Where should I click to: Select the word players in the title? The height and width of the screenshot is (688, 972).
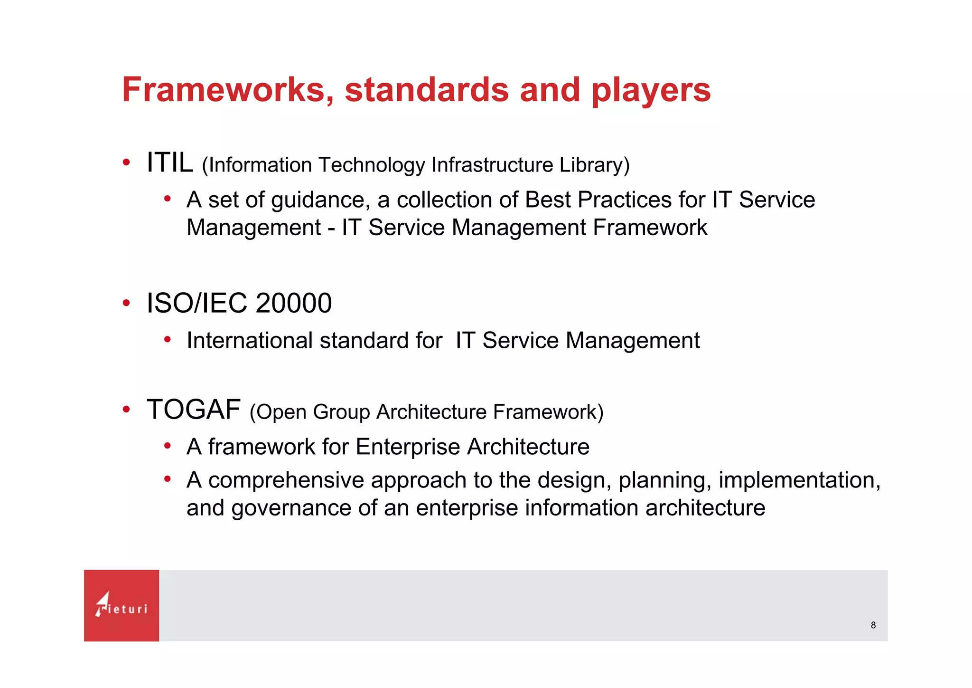[651, 91]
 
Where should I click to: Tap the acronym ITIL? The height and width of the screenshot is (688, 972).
[170, 163]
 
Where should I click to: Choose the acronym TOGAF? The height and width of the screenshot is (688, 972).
[194, 410]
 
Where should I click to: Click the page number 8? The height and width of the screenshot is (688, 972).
[873, 625]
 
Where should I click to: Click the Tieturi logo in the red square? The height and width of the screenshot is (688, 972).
[121, 605]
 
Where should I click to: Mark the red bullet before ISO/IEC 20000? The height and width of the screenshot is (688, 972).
[126, 303]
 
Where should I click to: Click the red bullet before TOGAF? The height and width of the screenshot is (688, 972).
[126, 409]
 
